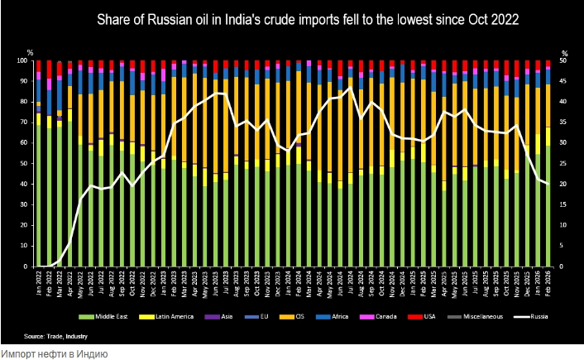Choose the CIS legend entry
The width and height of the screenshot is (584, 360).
296,317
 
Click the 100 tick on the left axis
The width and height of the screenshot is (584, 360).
24,61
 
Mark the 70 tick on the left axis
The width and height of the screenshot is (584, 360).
26,122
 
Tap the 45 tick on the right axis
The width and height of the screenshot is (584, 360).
563,81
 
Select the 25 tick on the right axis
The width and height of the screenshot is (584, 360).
563,164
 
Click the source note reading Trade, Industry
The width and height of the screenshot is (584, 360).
56,336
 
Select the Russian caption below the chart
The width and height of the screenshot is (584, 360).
54,353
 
